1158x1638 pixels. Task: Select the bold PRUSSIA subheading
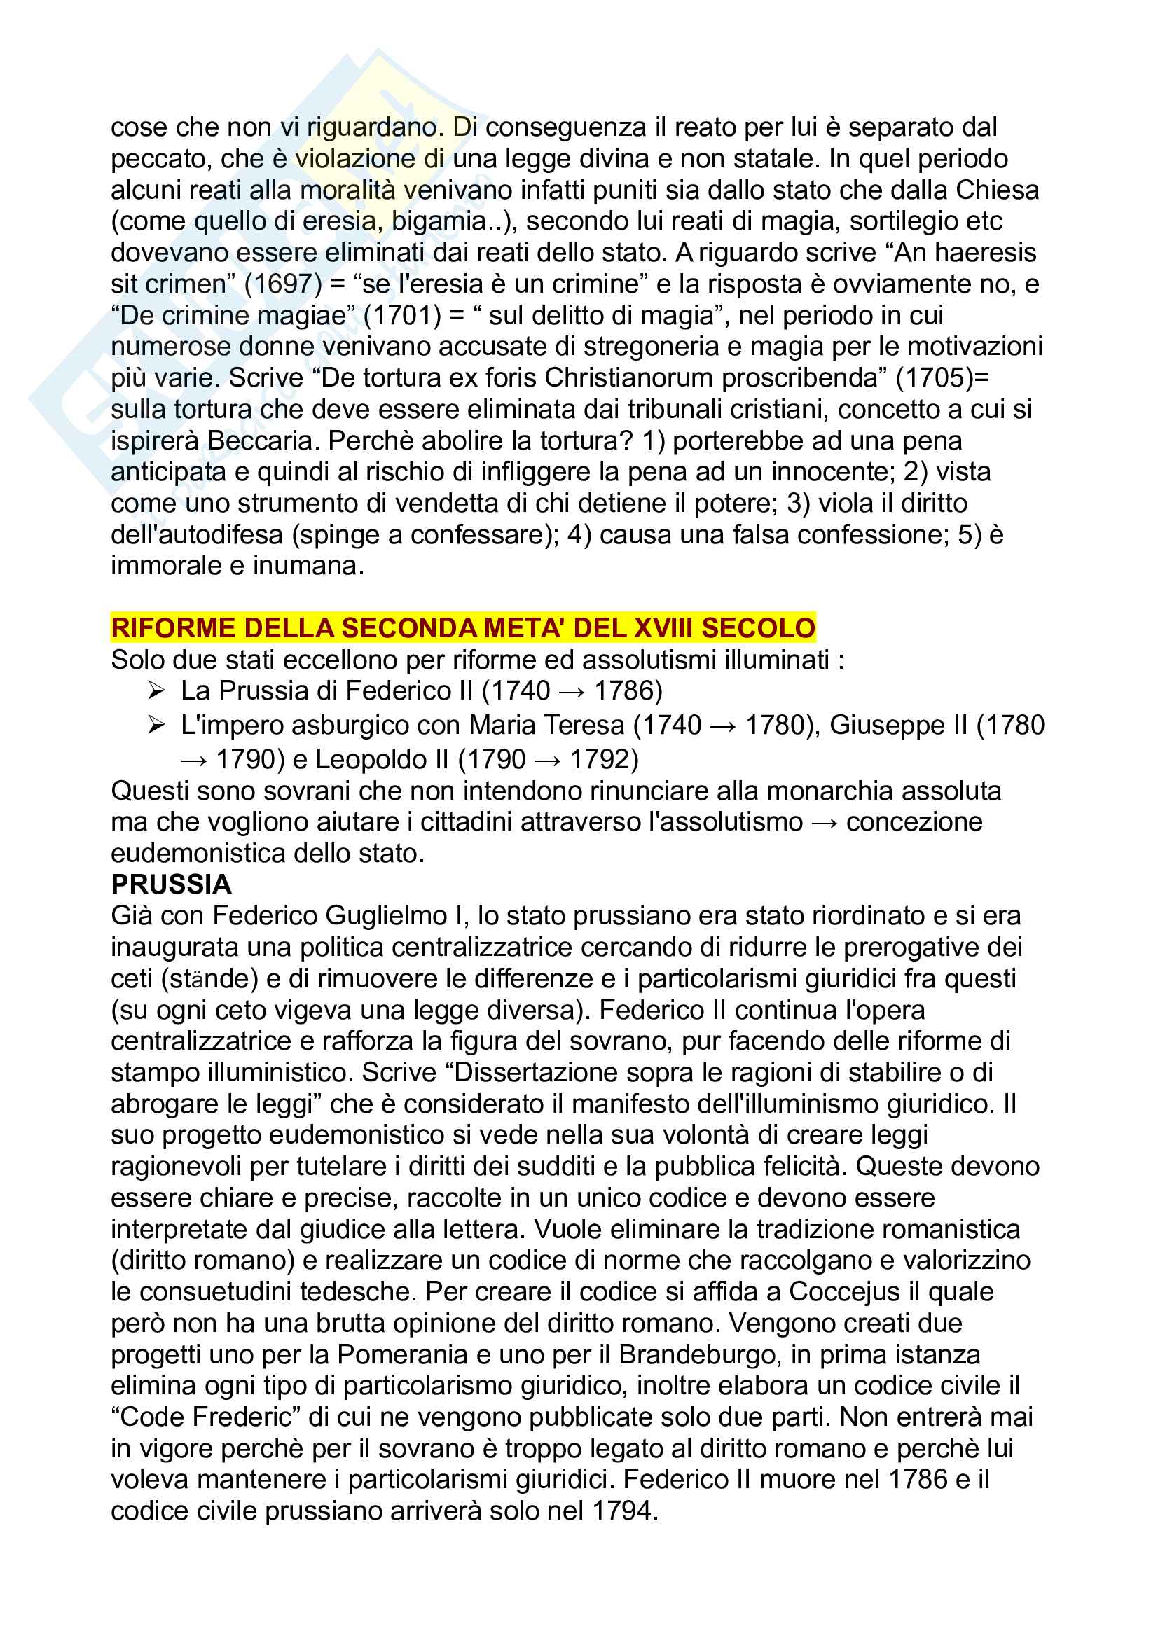tap(171, 884)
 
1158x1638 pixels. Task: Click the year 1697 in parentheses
tap(283, 284)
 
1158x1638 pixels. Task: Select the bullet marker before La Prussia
tap(156, 690)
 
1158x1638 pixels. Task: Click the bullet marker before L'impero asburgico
tap(156, 725)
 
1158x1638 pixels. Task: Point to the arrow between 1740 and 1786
tap(572, 691)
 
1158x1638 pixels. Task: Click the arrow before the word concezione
tap(825, 823)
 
